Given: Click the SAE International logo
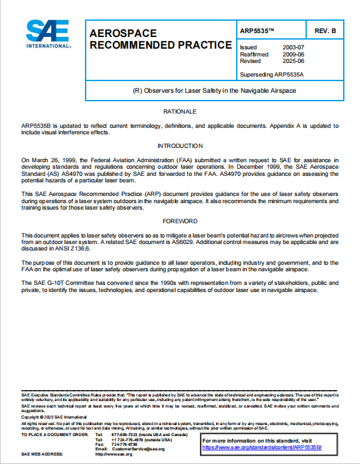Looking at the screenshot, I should [x=48, y=34].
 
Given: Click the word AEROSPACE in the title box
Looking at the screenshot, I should [x=123, y=32].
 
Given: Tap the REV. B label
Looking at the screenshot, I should [x=325, y=31].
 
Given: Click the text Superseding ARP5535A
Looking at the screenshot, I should [x=271, y=74].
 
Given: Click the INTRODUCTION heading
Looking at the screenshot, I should [x=180, y=146].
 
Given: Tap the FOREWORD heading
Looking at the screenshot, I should [x=180, y=221].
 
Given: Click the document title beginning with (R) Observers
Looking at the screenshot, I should [x=213, y=91].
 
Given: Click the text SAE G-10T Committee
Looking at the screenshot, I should [x=65, y=284].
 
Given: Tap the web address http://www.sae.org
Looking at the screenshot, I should [x=114, y=454].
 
